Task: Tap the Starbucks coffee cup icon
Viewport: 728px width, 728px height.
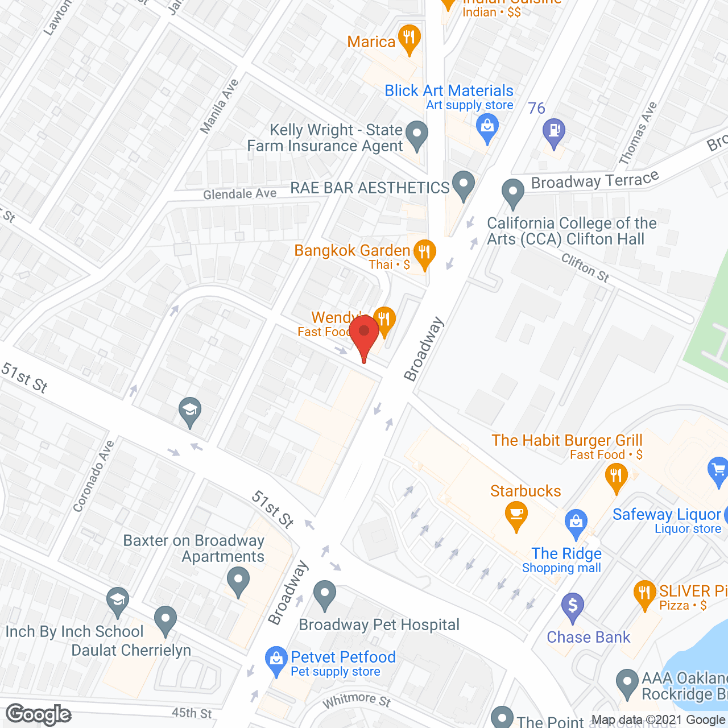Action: tap(516, 515)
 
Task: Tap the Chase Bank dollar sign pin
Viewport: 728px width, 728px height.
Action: tap(573, 606)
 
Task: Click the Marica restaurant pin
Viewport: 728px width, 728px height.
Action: tap(409, 39)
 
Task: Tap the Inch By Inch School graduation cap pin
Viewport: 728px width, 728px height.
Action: tap(118, 601)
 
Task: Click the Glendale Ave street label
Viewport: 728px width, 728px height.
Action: tap(239, 194)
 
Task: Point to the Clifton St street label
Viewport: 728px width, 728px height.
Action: tap(585, 268)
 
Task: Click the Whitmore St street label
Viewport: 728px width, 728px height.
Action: tap(357, 700)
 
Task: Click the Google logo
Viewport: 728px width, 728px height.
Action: tap(39, 714)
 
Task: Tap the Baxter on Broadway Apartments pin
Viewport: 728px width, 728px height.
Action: tap(238, 582)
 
